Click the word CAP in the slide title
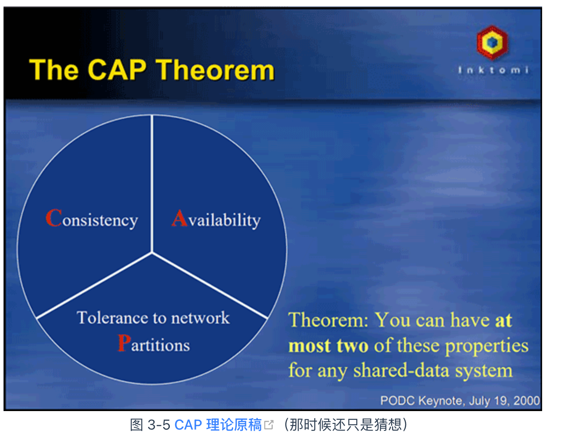click(117, 70)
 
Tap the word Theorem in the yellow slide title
click(215, 70)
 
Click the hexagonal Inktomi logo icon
click(492, 42)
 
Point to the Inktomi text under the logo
click(493, 70)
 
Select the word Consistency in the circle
click(92, 219)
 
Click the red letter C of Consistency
click(54, 218)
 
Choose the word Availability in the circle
click(216, 219)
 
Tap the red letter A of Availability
click(180, 218)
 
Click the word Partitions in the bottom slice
click(154, 343)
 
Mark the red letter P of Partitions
click(124, 343)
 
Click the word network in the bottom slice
click(200, 317)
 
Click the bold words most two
click(328, 345)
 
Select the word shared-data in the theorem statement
click(401, 370)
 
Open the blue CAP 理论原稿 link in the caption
click(218, 425)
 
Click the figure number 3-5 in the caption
click(158, 425)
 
